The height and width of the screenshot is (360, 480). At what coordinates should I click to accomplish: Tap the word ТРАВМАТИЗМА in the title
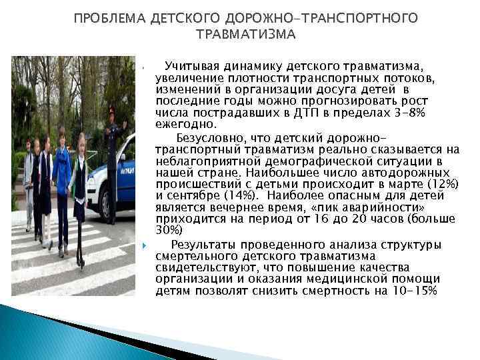tap(245, 34)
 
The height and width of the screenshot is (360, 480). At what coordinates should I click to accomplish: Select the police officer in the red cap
tap(111, 153)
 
